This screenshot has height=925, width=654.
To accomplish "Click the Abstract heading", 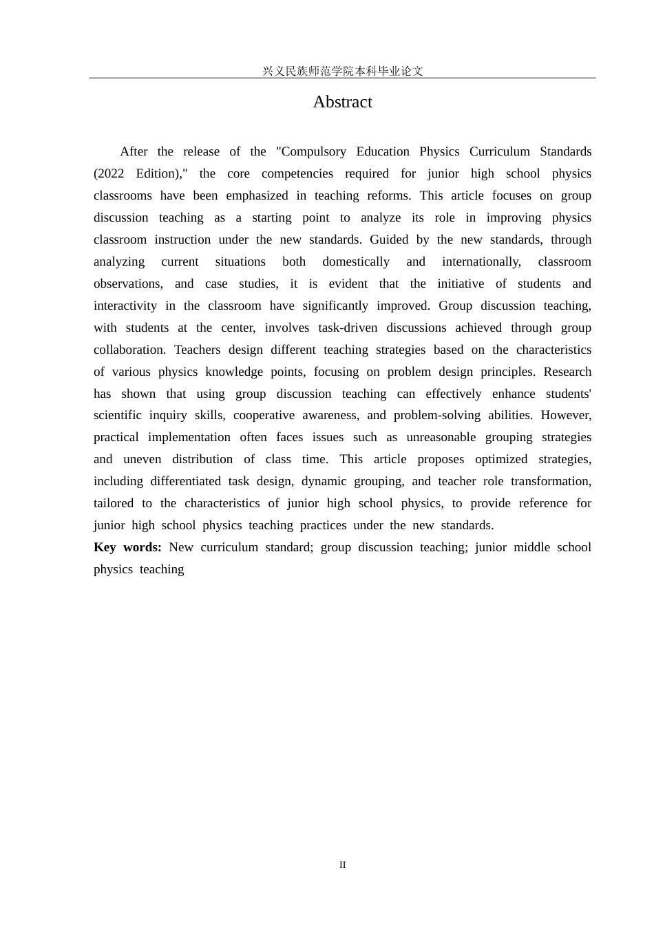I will coord(342,102).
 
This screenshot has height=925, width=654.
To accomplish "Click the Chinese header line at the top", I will coord(342,71).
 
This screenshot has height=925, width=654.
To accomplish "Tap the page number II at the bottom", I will coord(342,865).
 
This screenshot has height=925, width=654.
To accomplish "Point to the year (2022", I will coord(109,173).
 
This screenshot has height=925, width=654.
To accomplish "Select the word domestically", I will coord(356,262).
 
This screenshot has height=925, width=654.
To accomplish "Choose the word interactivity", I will coord(125,306).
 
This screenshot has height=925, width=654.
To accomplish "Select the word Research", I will coord(567,372).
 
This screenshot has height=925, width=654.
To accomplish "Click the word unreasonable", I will coord(441,437).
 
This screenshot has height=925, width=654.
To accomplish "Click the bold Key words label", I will coord(127,547).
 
